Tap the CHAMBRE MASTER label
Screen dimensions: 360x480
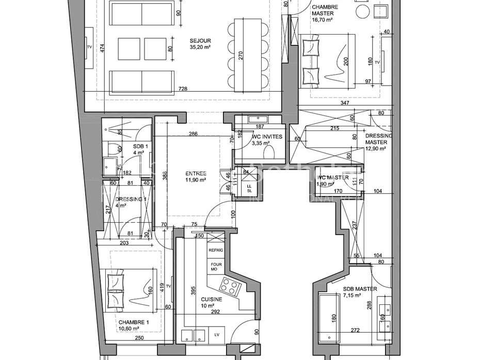point(323,13)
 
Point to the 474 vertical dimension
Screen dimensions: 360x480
point(103,49)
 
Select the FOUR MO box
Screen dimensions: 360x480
point(215,267)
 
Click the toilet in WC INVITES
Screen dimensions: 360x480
point(269,152)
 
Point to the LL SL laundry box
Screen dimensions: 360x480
point(249,188)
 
